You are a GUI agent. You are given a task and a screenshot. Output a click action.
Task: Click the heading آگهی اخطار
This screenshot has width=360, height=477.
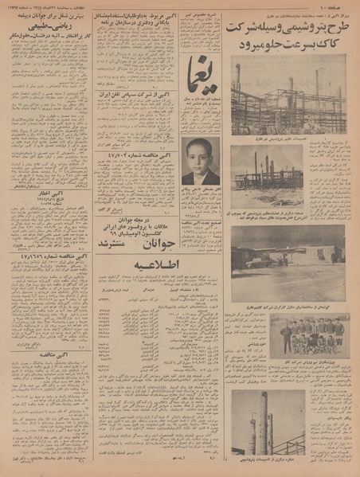(49, 192)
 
